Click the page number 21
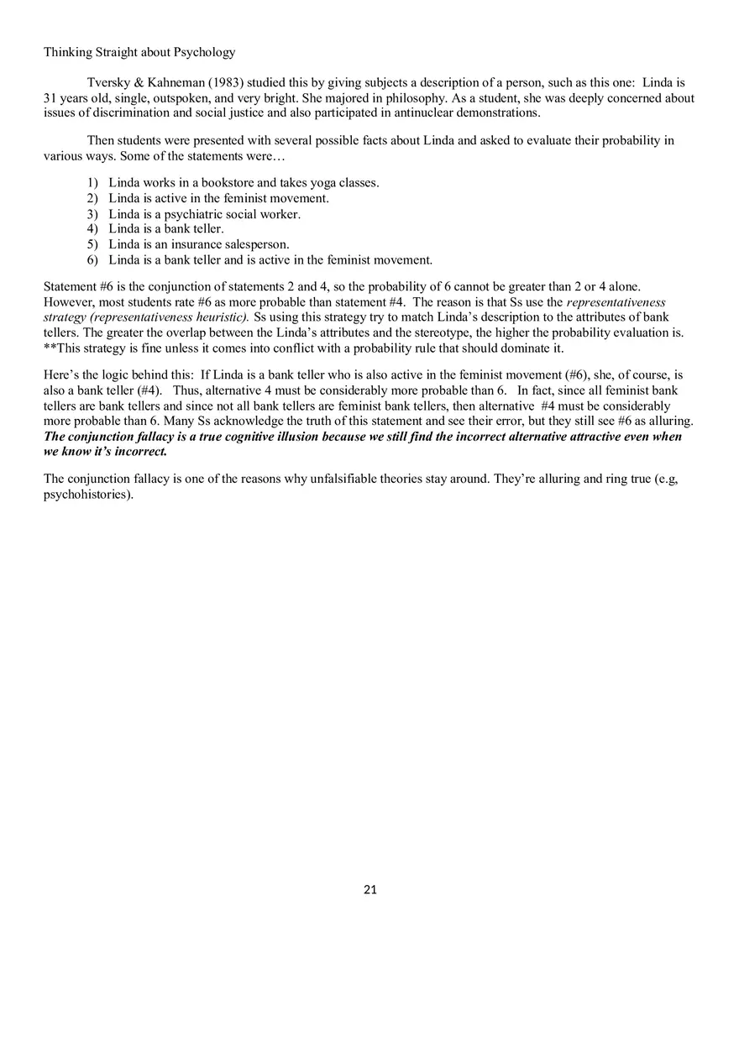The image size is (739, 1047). (x=370, y=890)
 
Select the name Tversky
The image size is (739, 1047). (x=107, y=83)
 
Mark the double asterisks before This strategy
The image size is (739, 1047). (x=48, y=348)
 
